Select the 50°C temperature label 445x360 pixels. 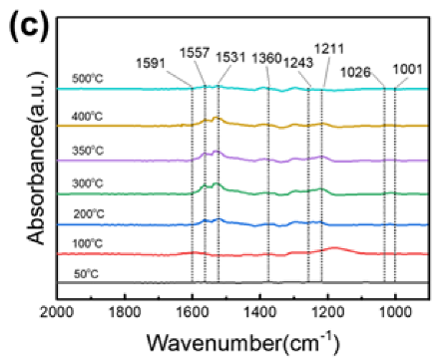tap(88, 273)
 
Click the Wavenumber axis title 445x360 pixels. tap(236, 342)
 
